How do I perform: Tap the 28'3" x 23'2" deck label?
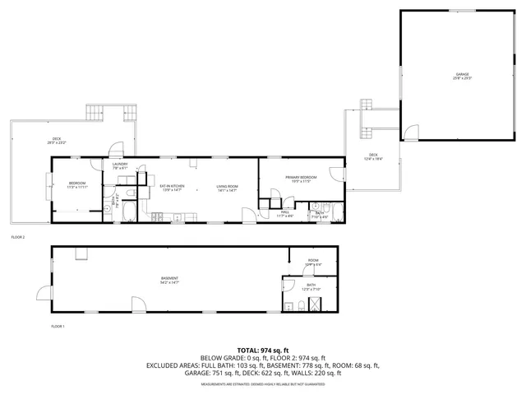coord(57,141)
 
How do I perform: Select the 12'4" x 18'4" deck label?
coord(373,156)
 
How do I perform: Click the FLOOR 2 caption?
coord(18,237)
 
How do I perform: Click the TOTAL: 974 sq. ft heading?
coord(262,350)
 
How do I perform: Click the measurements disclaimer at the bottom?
coord(262,383)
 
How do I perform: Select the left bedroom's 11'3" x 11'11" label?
coord(77,185)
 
